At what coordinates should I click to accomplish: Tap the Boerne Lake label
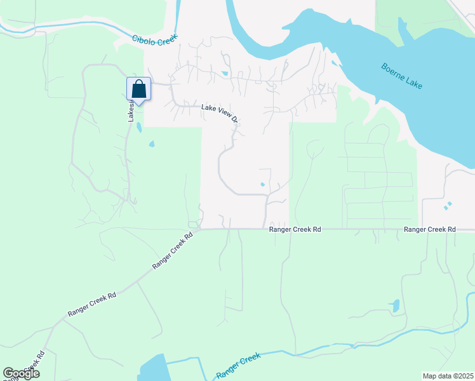click(x=402, y=76)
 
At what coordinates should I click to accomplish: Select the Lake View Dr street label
click(x=219, y=113)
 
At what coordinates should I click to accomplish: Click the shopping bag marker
click(x=139, y=89)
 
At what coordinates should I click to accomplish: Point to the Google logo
click(x=22, y=373)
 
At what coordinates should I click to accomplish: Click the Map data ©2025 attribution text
click(x=448, y=376)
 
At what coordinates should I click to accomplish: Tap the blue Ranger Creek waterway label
click(x=239, y=366)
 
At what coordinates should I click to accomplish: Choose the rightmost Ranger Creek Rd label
click(x=430, y=229)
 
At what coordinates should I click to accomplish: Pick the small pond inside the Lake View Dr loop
click(x=263, y=185)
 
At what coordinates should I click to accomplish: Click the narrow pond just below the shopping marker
click(x=138, y=127)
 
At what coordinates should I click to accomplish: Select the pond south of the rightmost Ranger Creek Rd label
click(x=395, y=306)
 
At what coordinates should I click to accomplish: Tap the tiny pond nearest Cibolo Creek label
click(x=225, y=74)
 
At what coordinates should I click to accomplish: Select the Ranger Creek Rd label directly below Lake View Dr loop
click(x=295, y=229)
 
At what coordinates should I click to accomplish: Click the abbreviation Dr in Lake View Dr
click(x=234, y=119)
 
